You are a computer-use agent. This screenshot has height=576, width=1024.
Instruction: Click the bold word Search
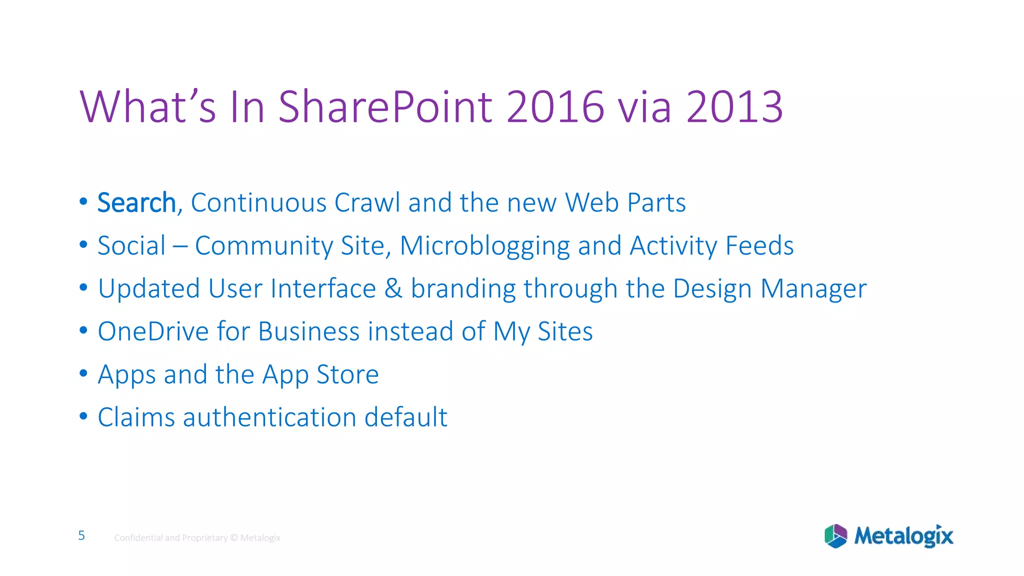pos(136,203)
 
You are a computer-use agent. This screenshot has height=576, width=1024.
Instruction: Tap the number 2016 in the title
pos(555,106)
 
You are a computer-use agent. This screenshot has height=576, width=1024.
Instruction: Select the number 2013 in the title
pos(734,106)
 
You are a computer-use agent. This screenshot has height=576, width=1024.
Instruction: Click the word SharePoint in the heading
pos(385,106)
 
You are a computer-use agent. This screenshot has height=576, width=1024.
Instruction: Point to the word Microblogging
pos(484,246)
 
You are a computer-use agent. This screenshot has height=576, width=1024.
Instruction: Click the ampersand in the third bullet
pos(393,289)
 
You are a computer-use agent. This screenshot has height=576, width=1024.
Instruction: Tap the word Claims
pos(136,417)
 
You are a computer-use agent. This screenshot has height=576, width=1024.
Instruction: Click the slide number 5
pos(81,535)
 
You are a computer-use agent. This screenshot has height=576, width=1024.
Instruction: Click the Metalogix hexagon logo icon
pos(835,536)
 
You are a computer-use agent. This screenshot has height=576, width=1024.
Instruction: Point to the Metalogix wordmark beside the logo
pos(903,536)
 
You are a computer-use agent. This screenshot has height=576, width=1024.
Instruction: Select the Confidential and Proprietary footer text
pos(197,538)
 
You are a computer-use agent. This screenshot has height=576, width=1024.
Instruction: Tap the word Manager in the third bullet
pos(813,289)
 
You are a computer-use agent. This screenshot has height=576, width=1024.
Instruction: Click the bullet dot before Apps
pos(83,373)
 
